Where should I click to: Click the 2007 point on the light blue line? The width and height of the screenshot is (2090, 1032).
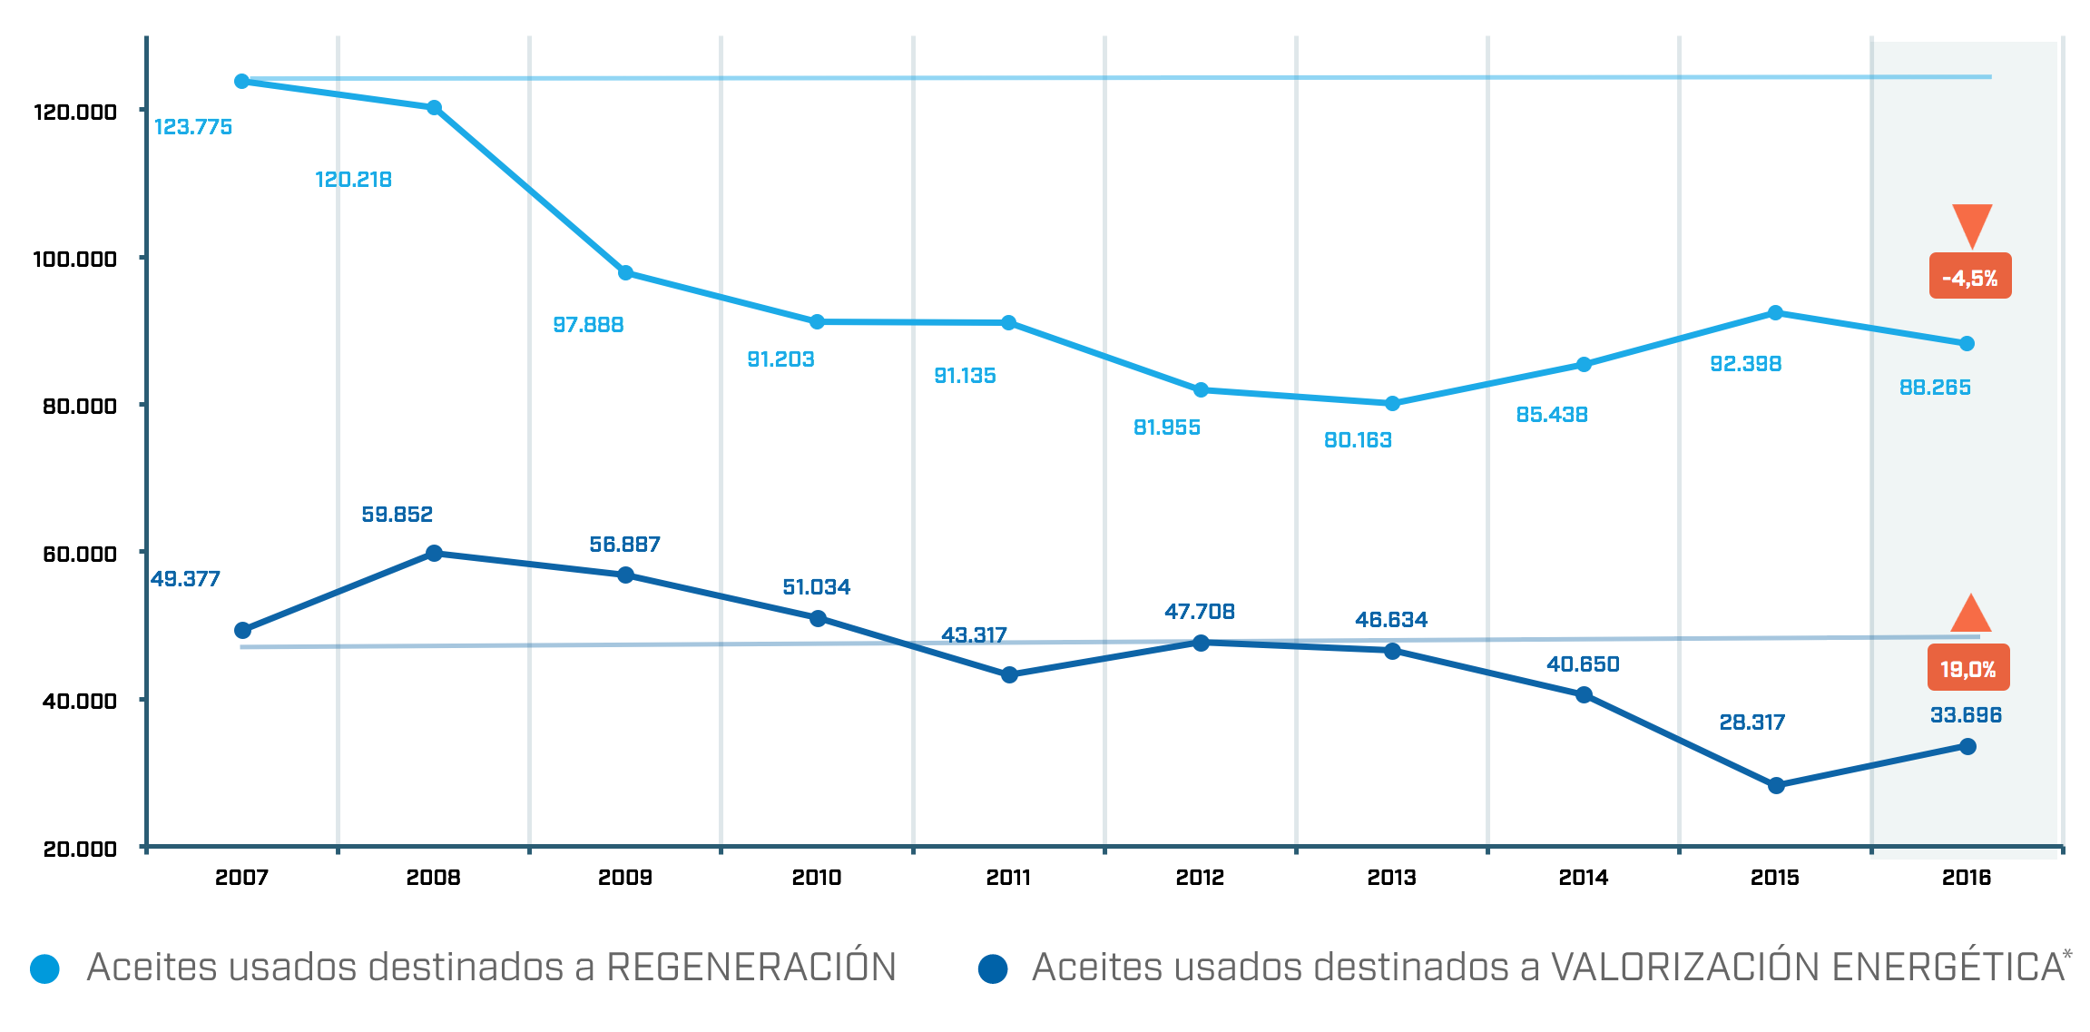point(241,82)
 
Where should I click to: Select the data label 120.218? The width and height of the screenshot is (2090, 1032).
point(353,180)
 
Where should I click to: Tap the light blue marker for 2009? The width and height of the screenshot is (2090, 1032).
point(625,273)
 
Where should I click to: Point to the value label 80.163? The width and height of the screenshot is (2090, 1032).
point(1358,440)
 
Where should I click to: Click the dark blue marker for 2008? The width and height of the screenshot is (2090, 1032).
point(434,554)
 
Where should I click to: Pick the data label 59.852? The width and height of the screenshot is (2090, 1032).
point(397,515)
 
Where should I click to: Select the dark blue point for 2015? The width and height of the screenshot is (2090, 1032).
point(1776,786)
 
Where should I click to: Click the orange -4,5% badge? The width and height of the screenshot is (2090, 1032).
point(1969,277)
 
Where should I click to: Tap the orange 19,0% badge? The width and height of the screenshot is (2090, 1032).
point(1967,669)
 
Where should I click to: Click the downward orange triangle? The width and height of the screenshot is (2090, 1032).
point(1972,223)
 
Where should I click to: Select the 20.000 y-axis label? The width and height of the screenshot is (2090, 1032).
point(80,850)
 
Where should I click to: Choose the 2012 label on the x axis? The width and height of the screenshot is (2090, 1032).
point(1200,878)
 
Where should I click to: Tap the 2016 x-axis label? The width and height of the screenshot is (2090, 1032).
point(1966,878)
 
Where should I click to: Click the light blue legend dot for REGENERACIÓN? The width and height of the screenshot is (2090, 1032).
point(44,968)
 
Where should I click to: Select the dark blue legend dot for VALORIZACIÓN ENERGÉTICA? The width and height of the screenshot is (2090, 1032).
point(993,968)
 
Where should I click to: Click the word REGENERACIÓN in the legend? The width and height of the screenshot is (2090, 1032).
point(751,967)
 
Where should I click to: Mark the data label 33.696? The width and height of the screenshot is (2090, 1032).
point(1966,715)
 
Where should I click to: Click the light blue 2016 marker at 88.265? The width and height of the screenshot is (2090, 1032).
point(1967,344)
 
